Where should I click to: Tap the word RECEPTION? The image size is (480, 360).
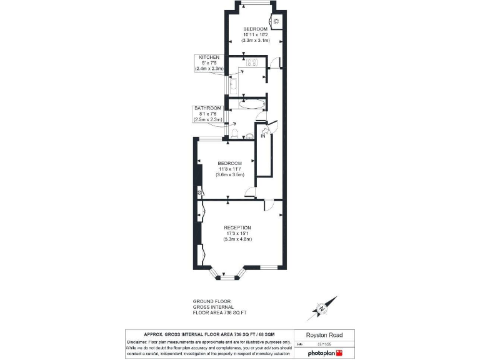(x=237, y=227)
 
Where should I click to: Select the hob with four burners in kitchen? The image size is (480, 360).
(x=253, y=62)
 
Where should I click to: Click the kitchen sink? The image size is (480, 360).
(x=233, y=84)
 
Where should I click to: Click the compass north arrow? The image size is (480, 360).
(x=321, y=308)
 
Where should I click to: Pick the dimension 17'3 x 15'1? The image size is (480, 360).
(x=237, y=234)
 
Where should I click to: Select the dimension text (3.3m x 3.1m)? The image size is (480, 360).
(x=255, y=40)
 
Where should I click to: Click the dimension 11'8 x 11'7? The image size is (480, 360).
(x=230, y=169)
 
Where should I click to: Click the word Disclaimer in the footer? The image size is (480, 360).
(x=141, y=342)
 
